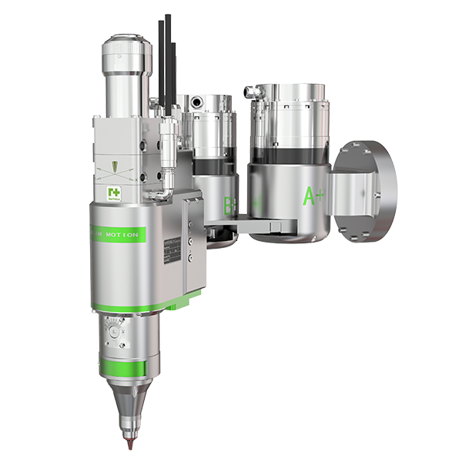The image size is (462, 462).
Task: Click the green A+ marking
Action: click(x=314, y=196)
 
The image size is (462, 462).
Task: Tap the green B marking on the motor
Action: click(x=229, y=206)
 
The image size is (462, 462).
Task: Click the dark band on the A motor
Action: click(x=284, y=154)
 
